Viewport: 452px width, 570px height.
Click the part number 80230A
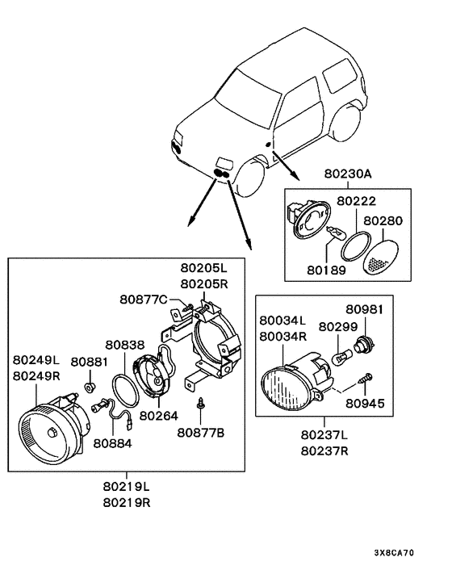point(348,174)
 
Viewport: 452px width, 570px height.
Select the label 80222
point(356,201)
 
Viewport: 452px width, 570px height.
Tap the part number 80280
point(383,220)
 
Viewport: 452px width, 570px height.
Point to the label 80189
point(326,270)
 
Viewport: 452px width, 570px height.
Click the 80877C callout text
point(144,300)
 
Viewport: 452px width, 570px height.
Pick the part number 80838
point(125,345)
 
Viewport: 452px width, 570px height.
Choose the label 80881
point(89,362)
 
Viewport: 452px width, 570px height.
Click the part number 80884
point(113,443)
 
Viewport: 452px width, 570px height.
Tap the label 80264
point(159,416)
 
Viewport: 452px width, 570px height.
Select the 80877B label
point(201,433)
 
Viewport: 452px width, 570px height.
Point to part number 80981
point(365,309)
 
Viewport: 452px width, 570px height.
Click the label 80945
point(365,403)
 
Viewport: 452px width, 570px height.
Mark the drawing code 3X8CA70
point(394,553)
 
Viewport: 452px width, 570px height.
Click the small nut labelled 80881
point(90,388)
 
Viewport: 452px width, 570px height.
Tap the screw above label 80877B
point(200,403)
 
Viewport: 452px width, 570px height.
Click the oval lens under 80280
point(381,257)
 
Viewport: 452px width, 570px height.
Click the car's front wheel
point(250,179)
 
